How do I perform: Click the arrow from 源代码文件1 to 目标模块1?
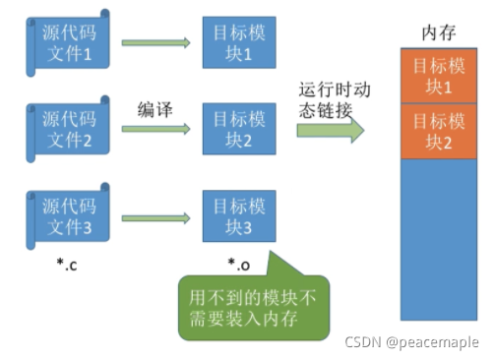155,43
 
